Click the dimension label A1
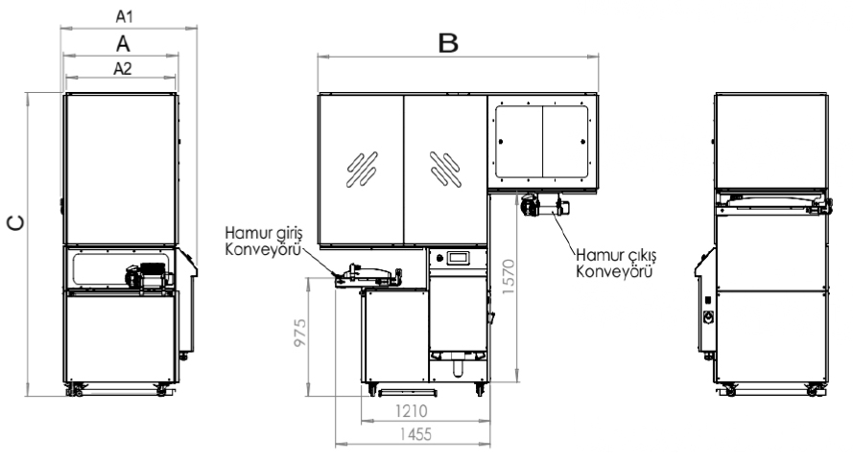tap(124, 16)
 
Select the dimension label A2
tap(123, 68)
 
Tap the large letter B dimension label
tap(448, 43)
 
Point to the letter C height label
tap(15, 222)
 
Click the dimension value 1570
tap(509, 276)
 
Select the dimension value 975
tap(299, 333)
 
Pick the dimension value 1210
tap(411, 410)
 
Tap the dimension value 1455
tap(415, 434)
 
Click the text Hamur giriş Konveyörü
tap(263, 241)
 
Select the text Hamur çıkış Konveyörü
tap(616, 263)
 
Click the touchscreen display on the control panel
tap(458, 258)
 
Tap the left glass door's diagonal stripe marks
tap(362, 169)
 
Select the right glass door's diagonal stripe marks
tap(445, 169)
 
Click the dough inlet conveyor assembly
tap(368, 276)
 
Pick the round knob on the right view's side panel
tap(708, 317)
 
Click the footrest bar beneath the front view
tap(408, 391)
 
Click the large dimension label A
tap(123, 43)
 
